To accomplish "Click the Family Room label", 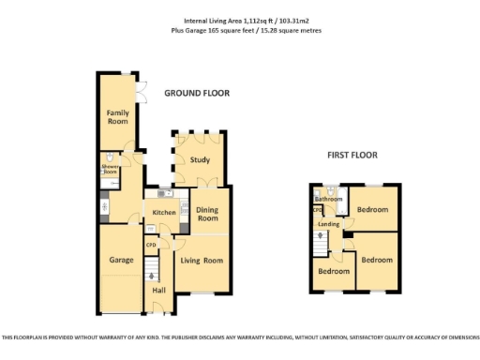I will [x=117, y=116].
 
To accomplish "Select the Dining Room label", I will [x=208, y=208].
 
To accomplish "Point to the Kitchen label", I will [x=164, y=213].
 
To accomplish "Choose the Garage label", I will [x=118, y=260].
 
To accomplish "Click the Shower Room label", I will [x=110, y=170].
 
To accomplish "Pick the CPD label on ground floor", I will [x=150, y=245].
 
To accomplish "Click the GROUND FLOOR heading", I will [x=197, y=94].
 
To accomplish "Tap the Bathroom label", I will [x=328, y=199].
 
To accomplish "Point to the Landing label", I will [x=329, y=224].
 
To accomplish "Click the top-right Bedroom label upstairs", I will [x=373, y=208].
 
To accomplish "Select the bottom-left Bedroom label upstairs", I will [x=331, y=271].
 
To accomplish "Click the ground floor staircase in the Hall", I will [x=148, y=273].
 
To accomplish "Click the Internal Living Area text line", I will [x=239, y=19].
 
